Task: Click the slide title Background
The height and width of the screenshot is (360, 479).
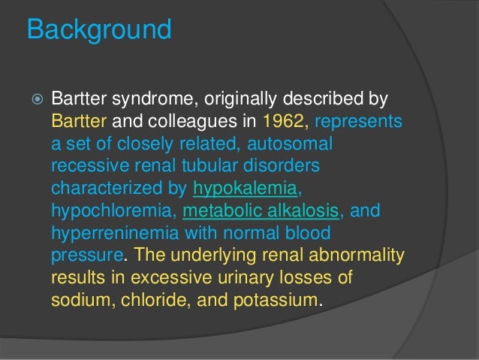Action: click(98, 31)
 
